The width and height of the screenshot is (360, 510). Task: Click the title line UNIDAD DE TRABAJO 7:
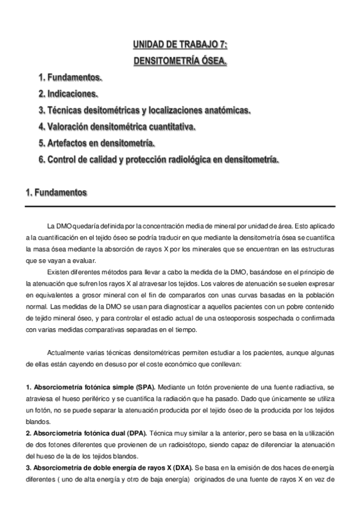[180, 45]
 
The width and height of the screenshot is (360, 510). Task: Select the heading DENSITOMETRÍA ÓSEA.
[180, 61]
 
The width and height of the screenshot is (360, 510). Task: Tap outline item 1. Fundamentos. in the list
[70, 78]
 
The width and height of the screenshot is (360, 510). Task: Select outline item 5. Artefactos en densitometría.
[97, 143]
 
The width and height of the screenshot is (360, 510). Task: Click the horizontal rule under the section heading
[180, 206]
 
